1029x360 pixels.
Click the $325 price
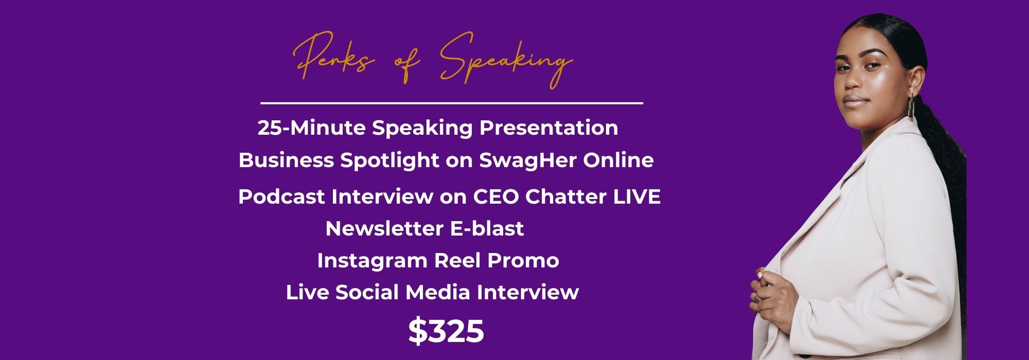point(446,331)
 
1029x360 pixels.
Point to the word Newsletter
point(385,228)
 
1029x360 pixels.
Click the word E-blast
point(487,228)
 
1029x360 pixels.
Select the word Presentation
point(548,128)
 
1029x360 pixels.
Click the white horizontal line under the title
point(452,103)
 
